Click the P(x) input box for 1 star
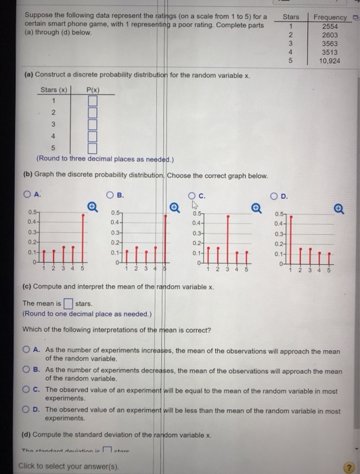(x=93, y=102)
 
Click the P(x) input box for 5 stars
(x=93, y=148)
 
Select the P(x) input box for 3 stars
(x=93, y=125)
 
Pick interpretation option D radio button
(x=28, y=410)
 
